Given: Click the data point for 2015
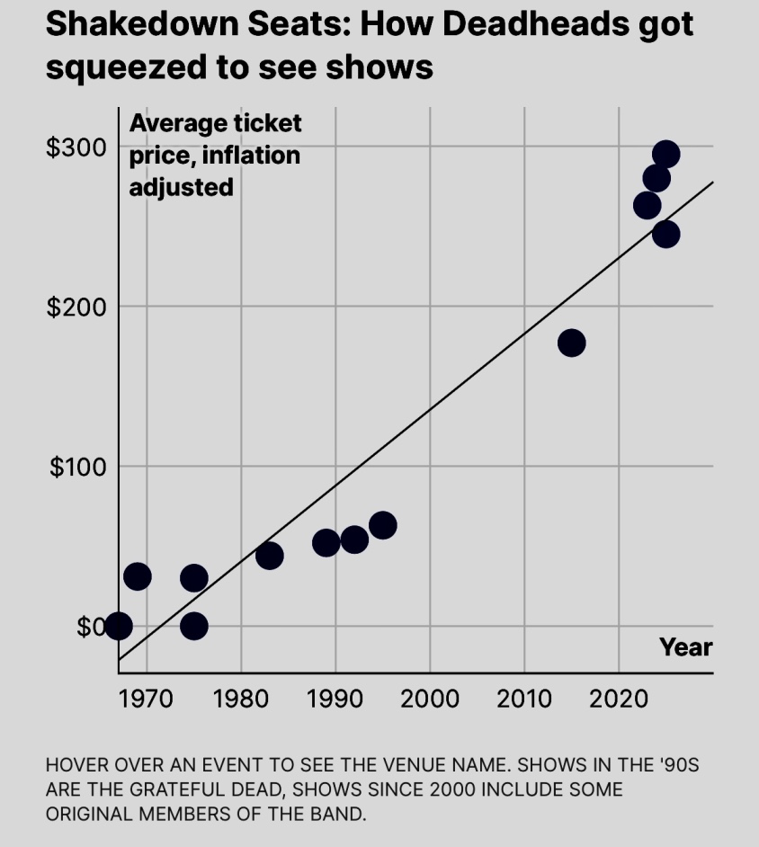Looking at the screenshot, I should tap(571, 343).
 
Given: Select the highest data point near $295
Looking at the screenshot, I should tap(665, 154).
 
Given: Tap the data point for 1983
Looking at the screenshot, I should tap(269, 556).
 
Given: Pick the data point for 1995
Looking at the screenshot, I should tap(383, 525).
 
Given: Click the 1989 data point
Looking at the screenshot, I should tap(326, 542).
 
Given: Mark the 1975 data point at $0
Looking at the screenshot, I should tap(193, 626).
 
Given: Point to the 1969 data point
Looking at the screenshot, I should tap(137, 576).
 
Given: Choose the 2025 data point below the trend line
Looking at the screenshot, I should tap(665, 234).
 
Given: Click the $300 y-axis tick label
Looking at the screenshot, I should tap(76, 147).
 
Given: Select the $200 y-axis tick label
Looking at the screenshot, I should tap(76, 307).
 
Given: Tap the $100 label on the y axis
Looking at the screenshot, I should tap(76, 467).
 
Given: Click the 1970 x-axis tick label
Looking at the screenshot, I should tap(147, 697).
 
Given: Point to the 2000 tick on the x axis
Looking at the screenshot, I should tap(430, 697).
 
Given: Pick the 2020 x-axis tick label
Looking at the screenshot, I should tap(619, 697).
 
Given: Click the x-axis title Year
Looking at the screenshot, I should tap(685, 647).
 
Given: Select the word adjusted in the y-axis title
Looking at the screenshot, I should tap(182, 187).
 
